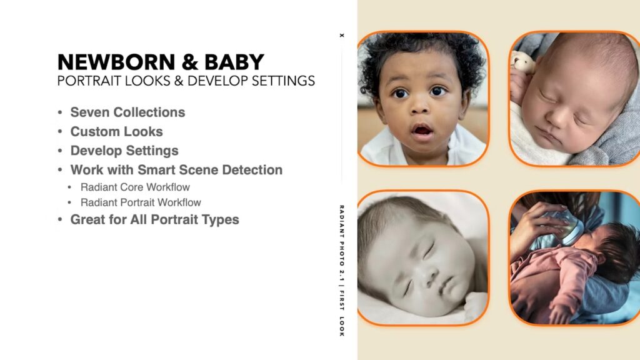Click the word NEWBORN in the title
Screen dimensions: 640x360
tap(116, 62)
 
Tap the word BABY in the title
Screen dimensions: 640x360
tap(234, 62)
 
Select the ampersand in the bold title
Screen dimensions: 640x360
tap(190, 62)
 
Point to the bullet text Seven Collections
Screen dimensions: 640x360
tap(127, 112)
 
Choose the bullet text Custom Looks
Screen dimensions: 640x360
tap(117, 131)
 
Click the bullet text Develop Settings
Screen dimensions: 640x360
tap(124, 151)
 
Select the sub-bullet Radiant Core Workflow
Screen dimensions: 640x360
tap(135, 187)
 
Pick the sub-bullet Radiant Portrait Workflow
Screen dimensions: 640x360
tap(141, 202)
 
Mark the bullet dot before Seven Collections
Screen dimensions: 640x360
tap(60, 112)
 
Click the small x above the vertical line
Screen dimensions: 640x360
tap(342, 36)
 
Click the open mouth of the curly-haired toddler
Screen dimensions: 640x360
tap(422, 131)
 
